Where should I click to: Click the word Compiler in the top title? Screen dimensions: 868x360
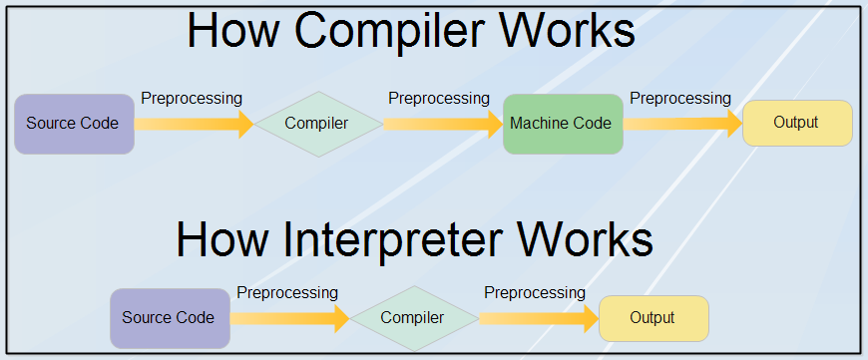pyautogui.click(x=387, y=30)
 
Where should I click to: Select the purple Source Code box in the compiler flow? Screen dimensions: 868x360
pyautogui.click(x=74, y=124)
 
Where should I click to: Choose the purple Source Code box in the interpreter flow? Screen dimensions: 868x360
pyautogui.click(x=170, y=318)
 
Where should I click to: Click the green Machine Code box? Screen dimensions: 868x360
pyautogui.click(x=563, y=124)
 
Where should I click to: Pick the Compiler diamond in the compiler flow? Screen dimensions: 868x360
pyautogui.click(x=318, y=124)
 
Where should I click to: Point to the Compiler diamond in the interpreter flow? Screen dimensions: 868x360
pyautogui.click(x=414, y=318)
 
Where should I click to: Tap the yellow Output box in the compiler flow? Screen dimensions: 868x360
pyautogui.click(x=797, y=124)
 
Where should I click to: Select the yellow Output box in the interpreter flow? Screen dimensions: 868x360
pyautogui.click(x=653, y=318)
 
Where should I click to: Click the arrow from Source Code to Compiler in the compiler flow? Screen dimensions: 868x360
pyautogui.click(x=194, y=124)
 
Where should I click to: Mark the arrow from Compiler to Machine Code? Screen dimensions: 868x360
pyautogui.click(x=443, y=124)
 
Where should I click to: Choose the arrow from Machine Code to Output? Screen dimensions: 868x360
pyautogui.click(x=683, y=124)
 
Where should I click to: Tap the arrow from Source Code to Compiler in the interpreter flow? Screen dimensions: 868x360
pyautogui.click(x=289, y=318)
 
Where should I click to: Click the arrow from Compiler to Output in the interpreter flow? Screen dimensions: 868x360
pyautogui.click(x=539, y=318)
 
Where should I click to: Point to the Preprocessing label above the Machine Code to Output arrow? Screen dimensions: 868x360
pyautogui.click(x=680, y=99)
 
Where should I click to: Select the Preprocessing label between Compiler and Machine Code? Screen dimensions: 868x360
pyautogui.click(x=439, y=99)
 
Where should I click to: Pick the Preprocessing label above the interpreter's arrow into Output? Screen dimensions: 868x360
pyautogui.click(x=535, y=293)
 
